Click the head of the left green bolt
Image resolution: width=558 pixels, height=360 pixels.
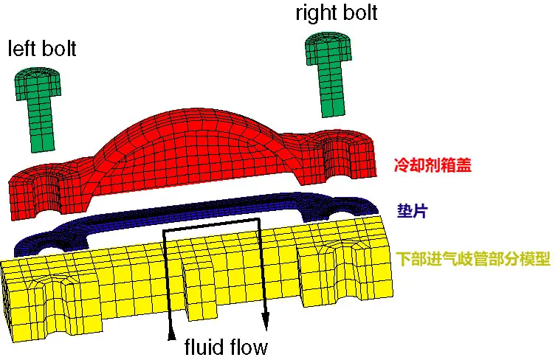coord(38,84)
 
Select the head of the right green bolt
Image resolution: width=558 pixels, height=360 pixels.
coord(328,49)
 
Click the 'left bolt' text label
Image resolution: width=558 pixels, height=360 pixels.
coord(42,49)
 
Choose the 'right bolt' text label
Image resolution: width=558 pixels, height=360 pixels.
coord(337,13)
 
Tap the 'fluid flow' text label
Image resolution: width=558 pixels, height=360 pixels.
coord(226,347)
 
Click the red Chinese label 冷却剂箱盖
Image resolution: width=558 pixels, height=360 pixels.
coord(433,165)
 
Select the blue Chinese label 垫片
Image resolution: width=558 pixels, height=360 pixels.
coord(412,211)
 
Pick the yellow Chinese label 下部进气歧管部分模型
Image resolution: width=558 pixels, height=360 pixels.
coord(473,259)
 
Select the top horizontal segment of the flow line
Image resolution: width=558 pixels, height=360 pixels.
coord(211,225)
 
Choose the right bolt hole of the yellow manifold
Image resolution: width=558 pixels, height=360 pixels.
coord(338,270)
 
